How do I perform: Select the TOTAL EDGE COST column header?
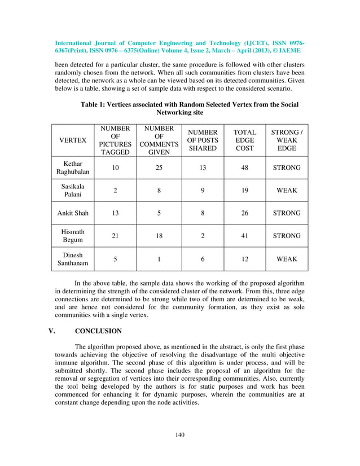click(x=244, y=140)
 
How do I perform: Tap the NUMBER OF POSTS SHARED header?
click(x=203, y=140)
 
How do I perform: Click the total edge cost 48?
click(x=244, y=168)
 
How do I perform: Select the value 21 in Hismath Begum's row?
click(x=115, y=236)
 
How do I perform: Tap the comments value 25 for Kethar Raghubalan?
click(x=159, y=168)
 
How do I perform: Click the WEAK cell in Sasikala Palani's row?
click(x=287, y=191)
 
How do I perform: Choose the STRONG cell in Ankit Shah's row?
click(x=287, y=213)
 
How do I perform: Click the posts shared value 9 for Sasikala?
click(x=203, y=191)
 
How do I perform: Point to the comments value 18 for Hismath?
click(x=159, y=236)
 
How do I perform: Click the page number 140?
click(x=180, y=434)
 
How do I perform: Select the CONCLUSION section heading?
click(x=98, y=331)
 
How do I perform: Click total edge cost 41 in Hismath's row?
click(x=244, y=236)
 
